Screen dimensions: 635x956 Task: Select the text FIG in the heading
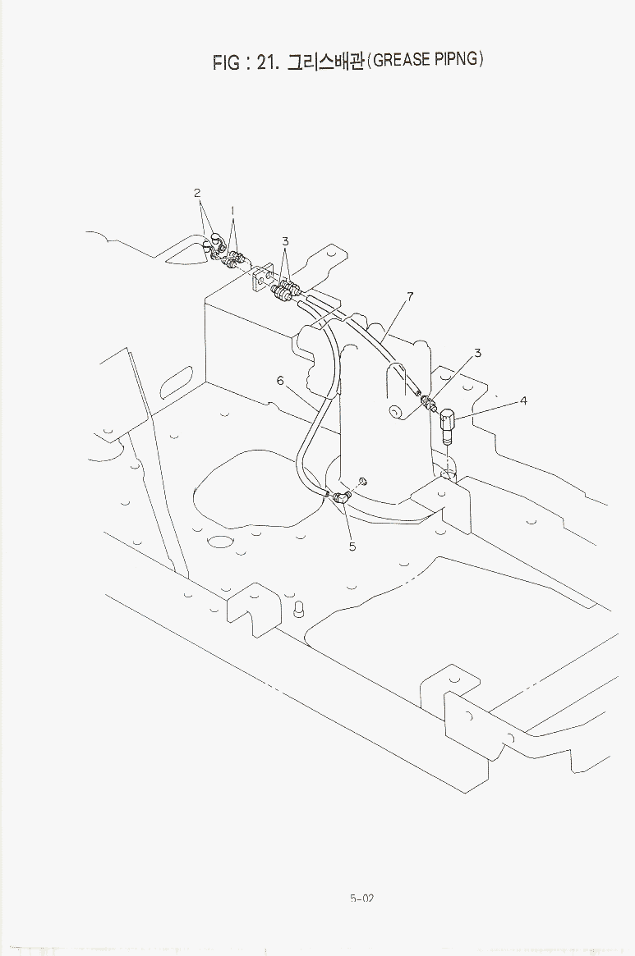[226, 62]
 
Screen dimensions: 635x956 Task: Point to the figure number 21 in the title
[268, 62]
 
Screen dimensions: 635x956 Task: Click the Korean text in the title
[325, 61]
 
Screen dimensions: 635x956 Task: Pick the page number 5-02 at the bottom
[362, 898]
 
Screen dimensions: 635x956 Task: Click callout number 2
[197, 193]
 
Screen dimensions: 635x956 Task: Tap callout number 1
[232, 211]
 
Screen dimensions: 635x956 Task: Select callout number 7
[410, 297]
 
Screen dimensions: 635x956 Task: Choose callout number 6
[280, 381]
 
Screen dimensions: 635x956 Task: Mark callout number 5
[352, 547]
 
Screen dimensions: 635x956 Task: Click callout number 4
[523, 400]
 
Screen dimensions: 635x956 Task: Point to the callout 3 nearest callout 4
[477, 352]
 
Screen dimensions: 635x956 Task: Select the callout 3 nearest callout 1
[285, 241]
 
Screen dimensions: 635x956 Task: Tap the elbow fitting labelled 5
[341, 497]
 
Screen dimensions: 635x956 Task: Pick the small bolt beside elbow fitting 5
[363, 481]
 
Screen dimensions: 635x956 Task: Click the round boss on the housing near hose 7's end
[397, 413]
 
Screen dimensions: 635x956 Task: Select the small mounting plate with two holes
[261, 279]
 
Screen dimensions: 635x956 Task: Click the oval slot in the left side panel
[177, 382]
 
